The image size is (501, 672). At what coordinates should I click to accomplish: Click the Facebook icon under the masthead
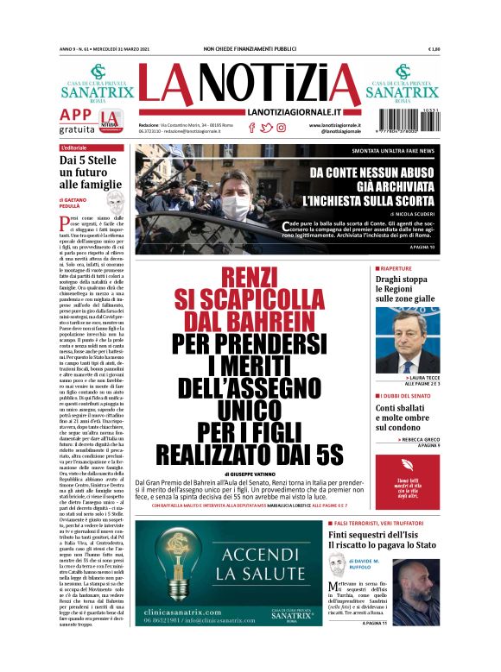(x=251, y=128)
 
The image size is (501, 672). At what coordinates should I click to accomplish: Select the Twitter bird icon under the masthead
(x=266, y=128)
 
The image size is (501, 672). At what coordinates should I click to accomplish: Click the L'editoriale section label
(x=68, y=148)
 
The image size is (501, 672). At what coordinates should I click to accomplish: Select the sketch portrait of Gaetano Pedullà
(x=114, y=204)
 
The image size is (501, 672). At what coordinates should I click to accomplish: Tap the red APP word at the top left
(x=75, y=115)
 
